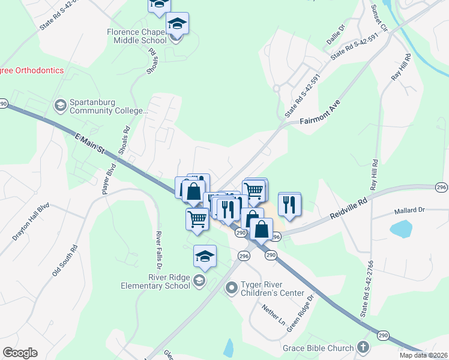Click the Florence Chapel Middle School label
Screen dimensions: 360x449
tap(137, 36)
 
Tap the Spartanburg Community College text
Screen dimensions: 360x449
tap(108, 106)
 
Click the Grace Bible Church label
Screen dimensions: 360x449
tap(319, 348)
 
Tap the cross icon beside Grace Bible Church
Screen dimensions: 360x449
tap(363, 347)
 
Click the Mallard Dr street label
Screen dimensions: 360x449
tap(409, 211)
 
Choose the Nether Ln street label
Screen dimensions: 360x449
tap(273, 316)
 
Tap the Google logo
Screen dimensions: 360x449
tap(20, 352)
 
